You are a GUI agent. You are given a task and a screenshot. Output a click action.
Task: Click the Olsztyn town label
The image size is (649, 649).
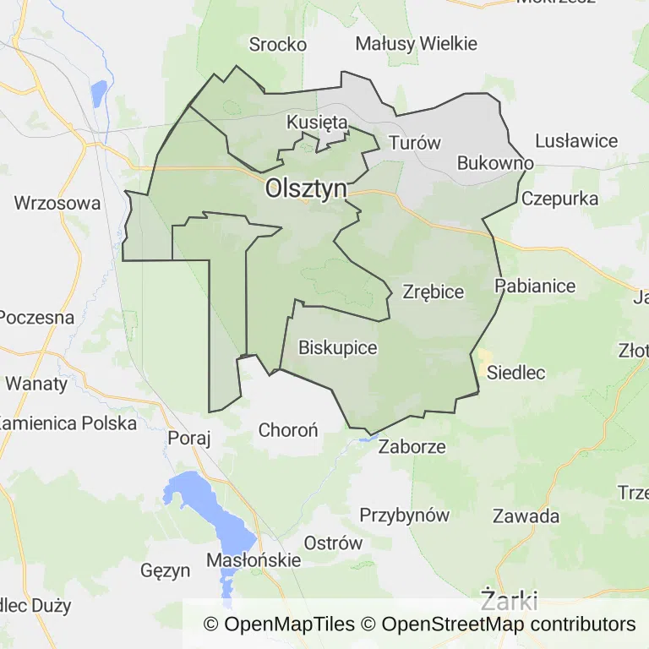click(306, 188)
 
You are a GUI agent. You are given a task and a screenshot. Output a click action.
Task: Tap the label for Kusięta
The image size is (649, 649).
click(317, 122)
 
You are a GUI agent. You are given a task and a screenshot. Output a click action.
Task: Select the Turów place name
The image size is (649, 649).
click(415, 142)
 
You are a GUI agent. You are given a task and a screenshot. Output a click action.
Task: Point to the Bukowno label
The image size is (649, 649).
click(495, 162)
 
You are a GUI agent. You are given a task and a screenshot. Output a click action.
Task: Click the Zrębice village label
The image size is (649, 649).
click(434, 292)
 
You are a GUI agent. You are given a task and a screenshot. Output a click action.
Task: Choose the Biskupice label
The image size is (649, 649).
click(337, 347)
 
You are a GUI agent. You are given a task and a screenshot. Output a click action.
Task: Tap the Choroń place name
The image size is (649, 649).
click(288, 430)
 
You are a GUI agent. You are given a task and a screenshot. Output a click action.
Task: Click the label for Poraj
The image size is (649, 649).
click(188, 437)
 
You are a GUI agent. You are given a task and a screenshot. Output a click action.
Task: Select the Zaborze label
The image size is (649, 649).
click(412, 446)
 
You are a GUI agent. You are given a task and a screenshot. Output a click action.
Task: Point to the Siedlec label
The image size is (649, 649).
click(516, 372)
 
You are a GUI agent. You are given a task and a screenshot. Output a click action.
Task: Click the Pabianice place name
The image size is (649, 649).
click(535, 285)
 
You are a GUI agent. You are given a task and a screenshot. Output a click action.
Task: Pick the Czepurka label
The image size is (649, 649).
click(559, 199)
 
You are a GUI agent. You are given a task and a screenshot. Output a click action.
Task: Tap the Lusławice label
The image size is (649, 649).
click(576, 141)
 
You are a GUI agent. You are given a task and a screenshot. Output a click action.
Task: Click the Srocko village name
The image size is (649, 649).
click(277, 45)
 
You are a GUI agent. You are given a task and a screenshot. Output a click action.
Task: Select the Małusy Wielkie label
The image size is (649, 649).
click(417, 43)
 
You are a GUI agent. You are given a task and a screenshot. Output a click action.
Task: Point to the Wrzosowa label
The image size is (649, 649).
click(57, 203)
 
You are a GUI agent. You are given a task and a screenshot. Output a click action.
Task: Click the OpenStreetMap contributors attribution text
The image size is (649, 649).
click(508, 624)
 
